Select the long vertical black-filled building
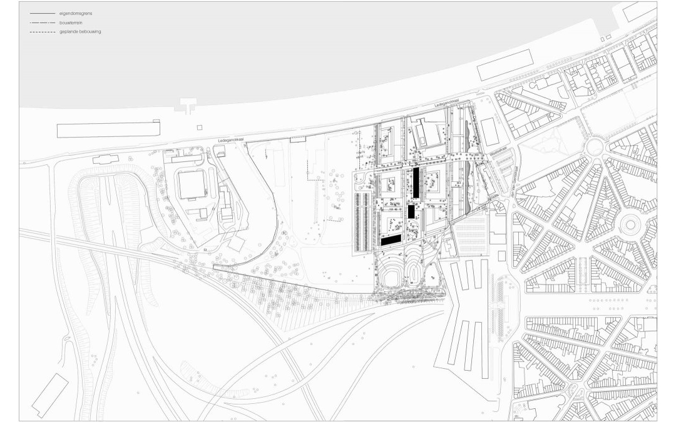pyautogui.click(x=414, y=182)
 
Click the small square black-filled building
pyautogui.click(x=411, y=212)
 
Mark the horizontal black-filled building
pyautogui.click(x=391, y=239)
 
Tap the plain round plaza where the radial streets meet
pyautogui.click(x=594, y=148)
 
